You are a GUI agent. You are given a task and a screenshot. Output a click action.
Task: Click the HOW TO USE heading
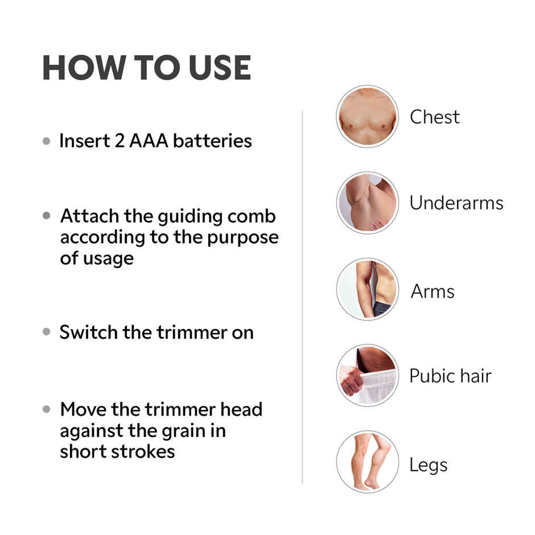coord(146,68)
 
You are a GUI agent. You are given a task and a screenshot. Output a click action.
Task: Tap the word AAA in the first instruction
coord(149,141)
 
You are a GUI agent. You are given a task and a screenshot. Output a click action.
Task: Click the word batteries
coord(212,141)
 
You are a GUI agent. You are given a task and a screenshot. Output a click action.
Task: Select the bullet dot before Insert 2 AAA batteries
coord(47,141)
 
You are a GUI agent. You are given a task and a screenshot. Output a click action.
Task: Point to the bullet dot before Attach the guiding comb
coord(47,217)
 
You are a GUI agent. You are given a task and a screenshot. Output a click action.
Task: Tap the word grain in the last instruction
coord(188,431)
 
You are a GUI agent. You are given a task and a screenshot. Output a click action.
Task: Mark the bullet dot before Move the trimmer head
coord(47,410)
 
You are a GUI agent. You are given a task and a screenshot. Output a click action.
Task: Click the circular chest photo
coord(367,117)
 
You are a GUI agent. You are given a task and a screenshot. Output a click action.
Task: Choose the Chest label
coord(434,117)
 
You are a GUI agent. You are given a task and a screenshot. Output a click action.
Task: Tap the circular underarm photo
coord(367,203)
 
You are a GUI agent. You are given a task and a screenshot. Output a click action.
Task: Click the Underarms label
coord(456,203)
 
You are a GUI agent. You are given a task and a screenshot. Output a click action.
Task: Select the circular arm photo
coord(367,289)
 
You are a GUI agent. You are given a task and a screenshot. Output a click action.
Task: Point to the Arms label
coord(433,291)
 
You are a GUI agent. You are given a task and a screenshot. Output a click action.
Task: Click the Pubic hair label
coord(450,376)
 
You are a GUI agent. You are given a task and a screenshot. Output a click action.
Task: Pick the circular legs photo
coord(367,462)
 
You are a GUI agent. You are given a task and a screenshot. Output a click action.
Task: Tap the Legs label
coord(428,465)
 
